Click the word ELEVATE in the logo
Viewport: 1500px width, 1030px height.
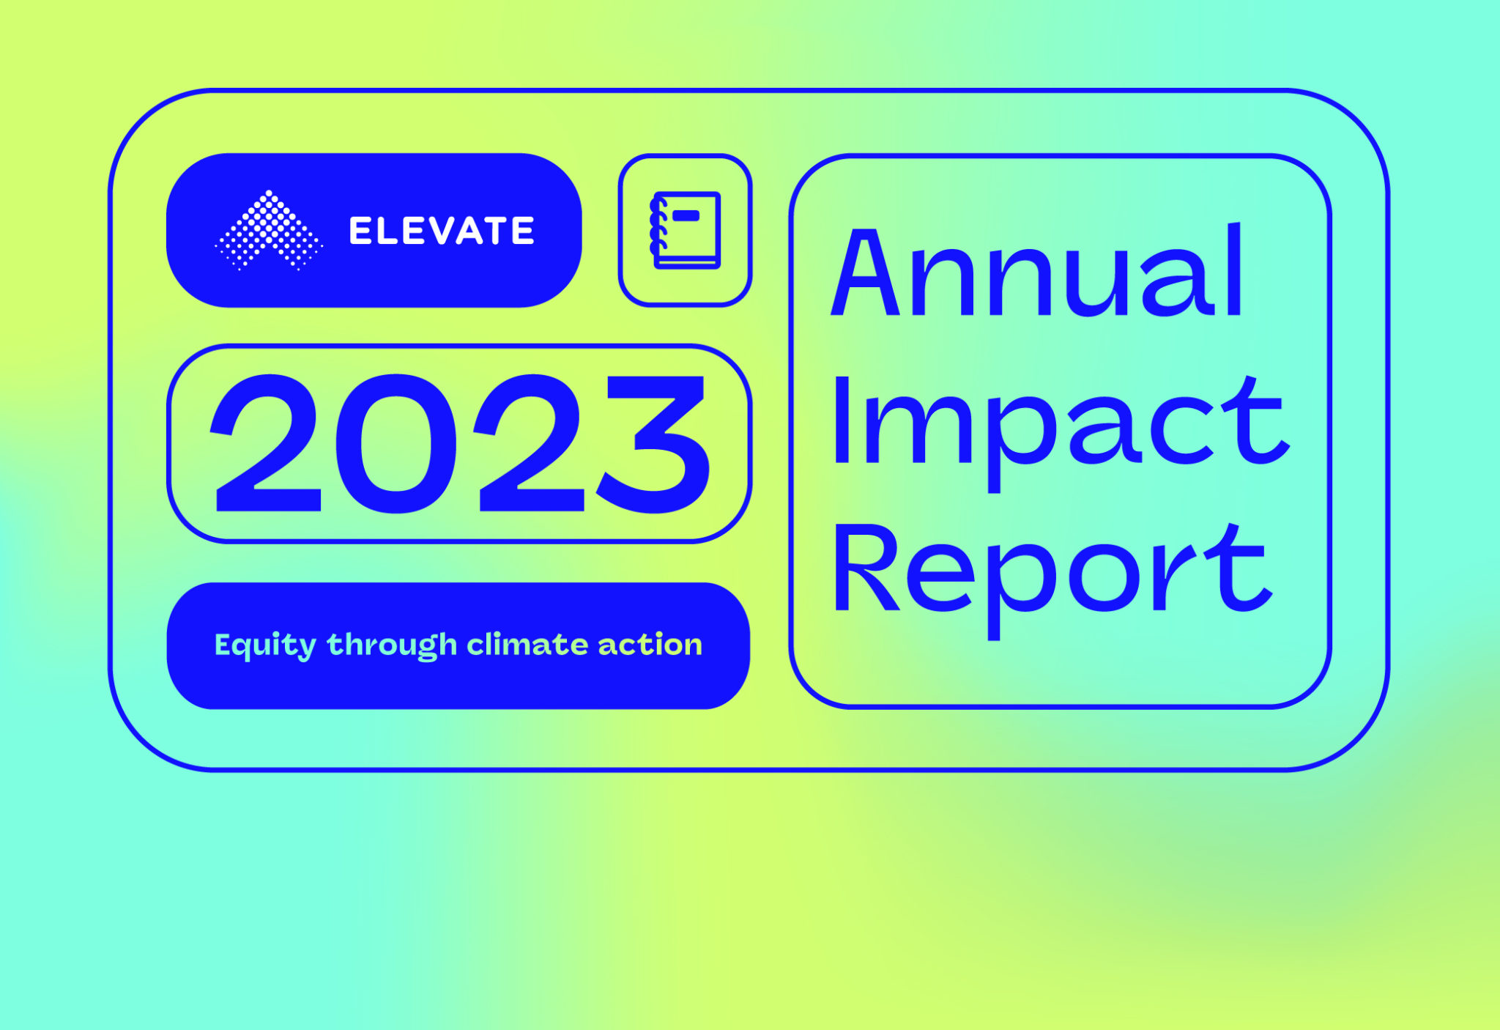(x=442, y=231)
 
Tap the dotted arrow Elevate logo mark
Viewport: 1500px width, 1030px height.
(x=269, y=230)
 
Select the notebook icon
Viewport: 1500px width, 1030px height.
(x=686, y=230)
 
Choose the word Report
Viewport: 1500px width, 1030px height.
(x=1050, y=572)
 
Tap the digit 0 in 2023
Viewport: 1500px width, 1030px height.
(x=396, y=444)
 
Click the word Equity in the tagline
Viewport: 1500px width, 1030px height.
(x=265, y=645)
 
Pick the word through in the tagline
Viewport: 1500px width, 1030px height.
(x=392, y=645)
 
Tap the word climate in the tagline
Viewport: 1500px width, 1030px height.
(x=527, y=645)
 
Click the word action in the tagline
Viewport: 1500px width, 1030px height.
(x=650, y=645)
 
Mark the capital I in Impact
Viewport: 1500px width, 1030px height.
(x=842, y=420)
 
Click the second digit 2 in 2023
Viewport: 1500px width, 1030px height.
(x=529, y=444)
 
